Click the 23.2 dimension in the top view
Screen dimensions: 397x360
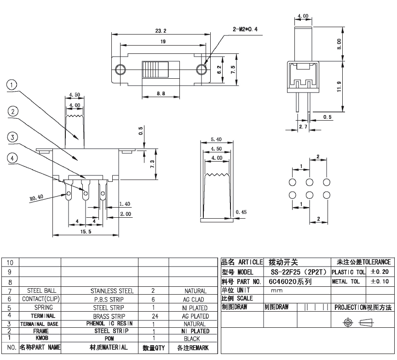click(161, 31)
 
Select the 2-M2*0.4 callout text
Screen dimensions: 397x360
click(245, 29)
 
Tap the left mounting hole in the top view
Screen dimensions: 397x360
click(120, 69)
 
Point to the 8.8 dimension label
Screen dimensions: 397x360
click(161, 93)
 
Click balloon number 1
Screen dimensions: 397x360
click(12, 85)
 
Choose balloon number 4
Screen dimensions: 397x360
click(12, 158)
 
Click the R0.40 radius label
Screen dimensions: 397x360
click(36, 197)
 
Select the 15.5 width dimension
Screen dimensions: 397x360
click(86, 232)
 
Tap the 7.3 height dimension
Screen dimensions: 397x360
click(152, 164)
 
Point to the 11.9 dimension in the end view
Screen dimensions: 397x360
click(339, 87)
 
